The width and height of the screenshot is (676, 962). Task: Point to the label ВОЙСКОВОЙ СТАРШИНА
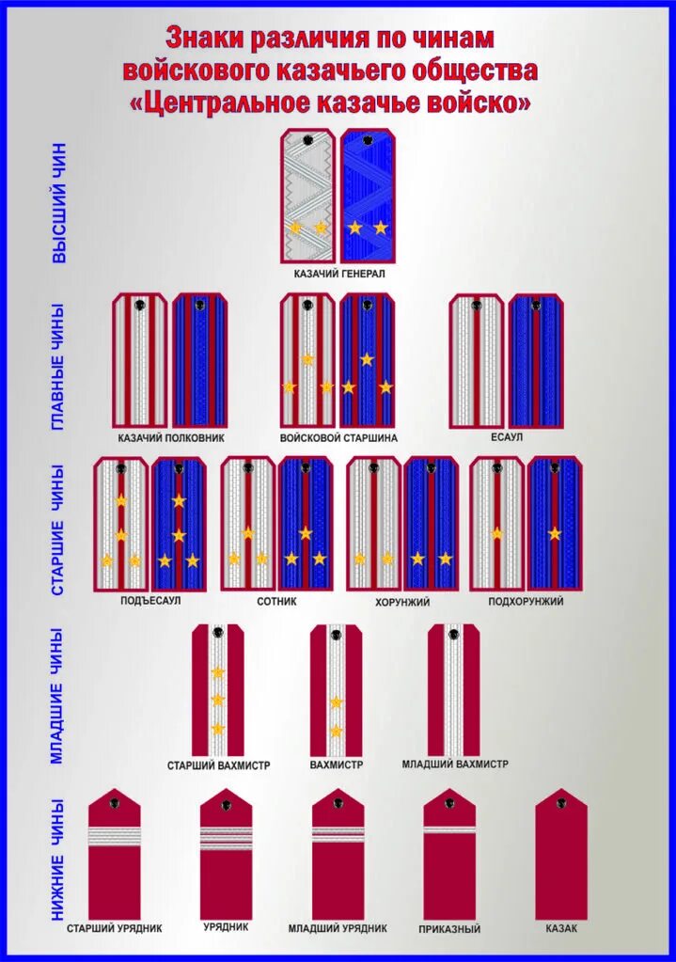338,438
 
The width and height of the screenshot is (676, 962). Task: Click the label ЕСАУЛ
507,438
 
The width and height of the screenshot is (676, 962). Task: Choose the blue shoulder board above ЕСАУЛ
536,360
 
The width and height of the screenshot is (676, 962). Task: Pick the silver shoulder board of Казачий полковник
140,360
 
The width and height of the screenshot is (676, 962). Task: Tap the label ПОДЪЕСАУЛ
150,601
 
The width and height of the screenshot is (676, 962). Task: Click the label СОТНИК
276,601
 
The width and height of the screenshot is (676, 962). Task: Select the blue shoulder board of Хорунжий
432,524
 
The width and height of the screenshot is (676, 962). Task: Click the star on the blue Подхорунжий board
555,533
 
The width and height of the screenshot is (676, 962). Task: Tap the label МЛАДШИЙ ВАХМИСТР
455,765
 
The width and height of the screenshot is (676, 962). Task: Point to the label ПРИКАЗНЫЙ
449,929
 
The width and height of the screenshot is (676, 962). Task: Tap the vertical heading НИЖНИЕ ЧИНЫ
58,859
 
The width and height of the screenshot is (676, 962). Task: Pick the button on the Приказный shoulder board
449,802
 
